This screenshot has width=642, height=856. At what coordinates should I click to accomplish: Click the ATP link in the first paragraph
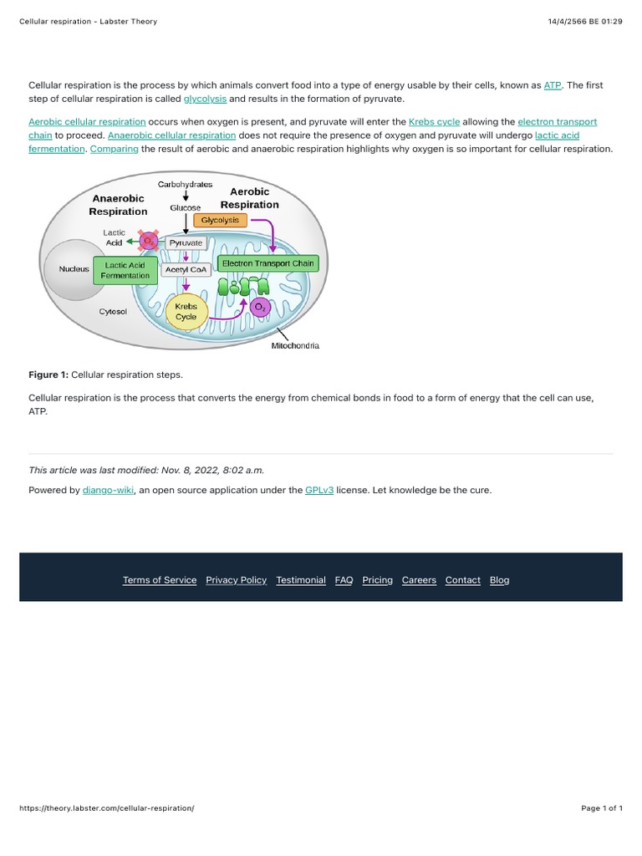(552, 85)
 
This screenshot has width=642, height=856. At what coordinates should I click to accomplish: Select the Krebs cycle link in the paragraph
(434, 122)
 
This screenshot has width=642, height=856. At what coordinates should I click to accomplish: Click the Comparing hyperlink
(114, 149)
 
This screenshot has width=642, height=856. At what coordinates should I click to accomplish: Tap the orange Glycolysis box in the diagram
(220, 221)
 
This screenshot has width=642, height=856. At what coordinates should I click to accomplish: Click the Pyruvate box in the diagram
(186, 242)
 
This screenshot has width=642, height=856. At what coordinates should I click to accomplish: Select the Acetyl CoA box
(186, 269)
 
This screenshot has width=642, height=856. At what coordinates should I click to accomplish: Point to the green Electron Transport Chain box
(267, 263)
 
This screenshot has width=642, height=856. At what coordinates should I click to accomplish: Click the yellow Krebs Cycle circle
(186, 312)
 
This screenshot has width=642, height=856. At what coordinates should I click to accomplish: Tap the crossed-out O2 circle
(150, 242)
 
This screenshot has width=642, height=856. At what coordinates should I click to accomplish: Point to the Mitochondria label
(295, 345)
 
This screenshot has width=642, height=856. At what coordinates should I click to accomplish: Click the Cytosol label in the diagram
(113, 311)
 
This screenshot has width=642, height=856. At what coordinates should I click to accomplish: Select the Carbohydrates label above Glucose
(185, 184)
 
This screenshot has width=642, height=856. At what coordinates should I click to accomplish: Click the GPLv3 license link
(318, 490)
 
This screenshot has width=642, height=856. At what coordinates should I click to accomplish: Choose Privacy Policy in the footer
(236, 580)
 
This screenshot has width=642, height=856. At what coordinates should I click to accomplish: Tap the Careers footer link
(419, 580)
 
